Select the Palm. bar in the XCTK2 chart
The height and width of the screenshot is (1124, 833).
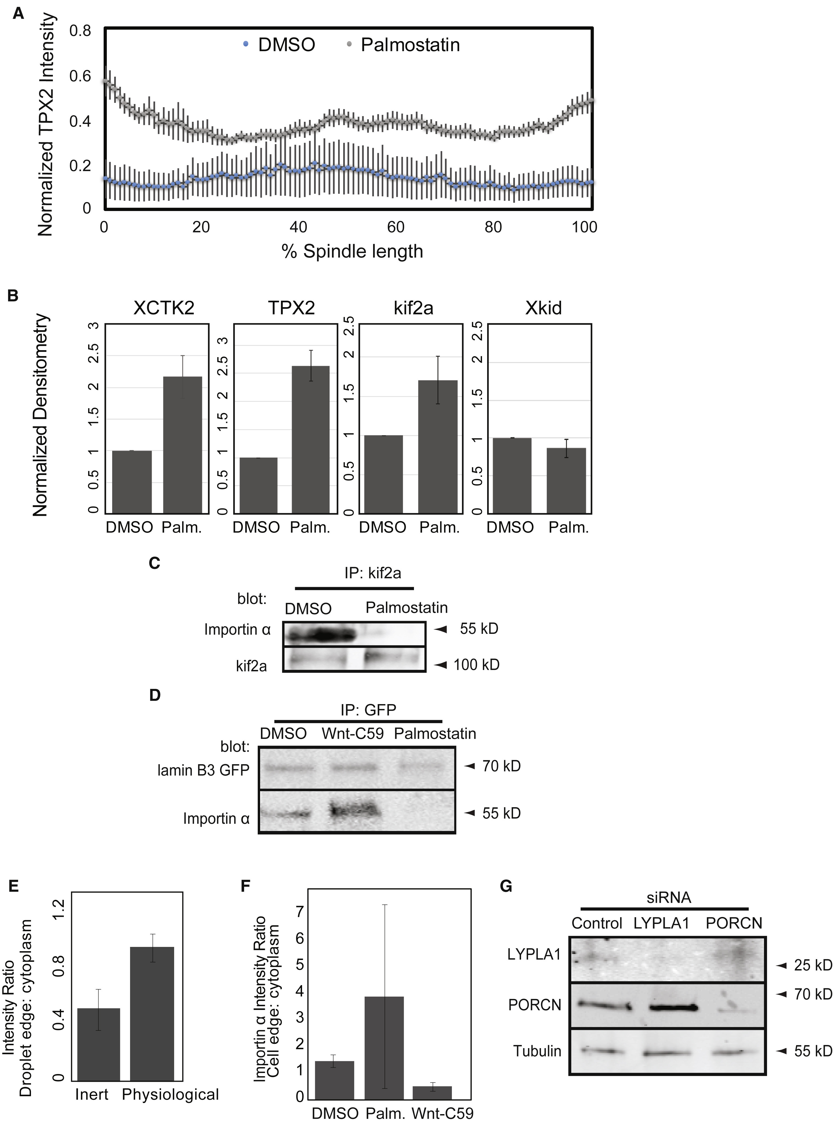182,445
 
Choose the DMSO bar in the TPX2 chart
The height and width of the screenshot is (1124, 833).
258,485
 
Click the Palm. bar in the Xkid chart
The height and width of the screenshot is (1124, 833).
567,480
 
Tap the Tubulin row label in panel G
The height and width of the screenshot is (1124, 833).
537,1051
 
